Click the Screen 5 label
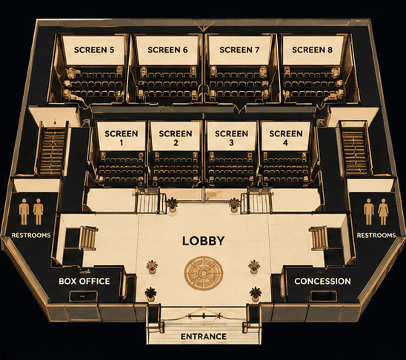coord(94,50)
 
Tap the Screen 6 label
coord(167,50)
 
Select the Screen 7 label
coord(239,50)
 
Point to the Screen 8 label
coord(312,50)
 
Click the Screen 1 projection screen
coord(122,136)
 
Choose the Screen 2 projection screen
coord(176,136)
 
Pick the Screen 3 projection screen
coord(232,136)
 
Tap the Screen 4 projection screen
coord(285,136)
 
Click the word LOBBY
coord(204,241)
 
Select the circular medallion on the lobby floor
coord(204,273)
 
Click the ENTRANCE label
coord(204,336)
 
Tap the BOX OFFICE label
coord(84,281)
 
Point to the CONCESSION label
coord(322,281)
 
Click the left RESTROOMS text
coord(31,236)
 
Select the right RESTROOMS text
coord(376,236)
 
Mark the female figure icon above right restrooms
coord(383,212)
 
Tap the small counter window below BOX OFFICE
coord(84,296)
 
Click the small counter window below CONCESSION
coord(324,296)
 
